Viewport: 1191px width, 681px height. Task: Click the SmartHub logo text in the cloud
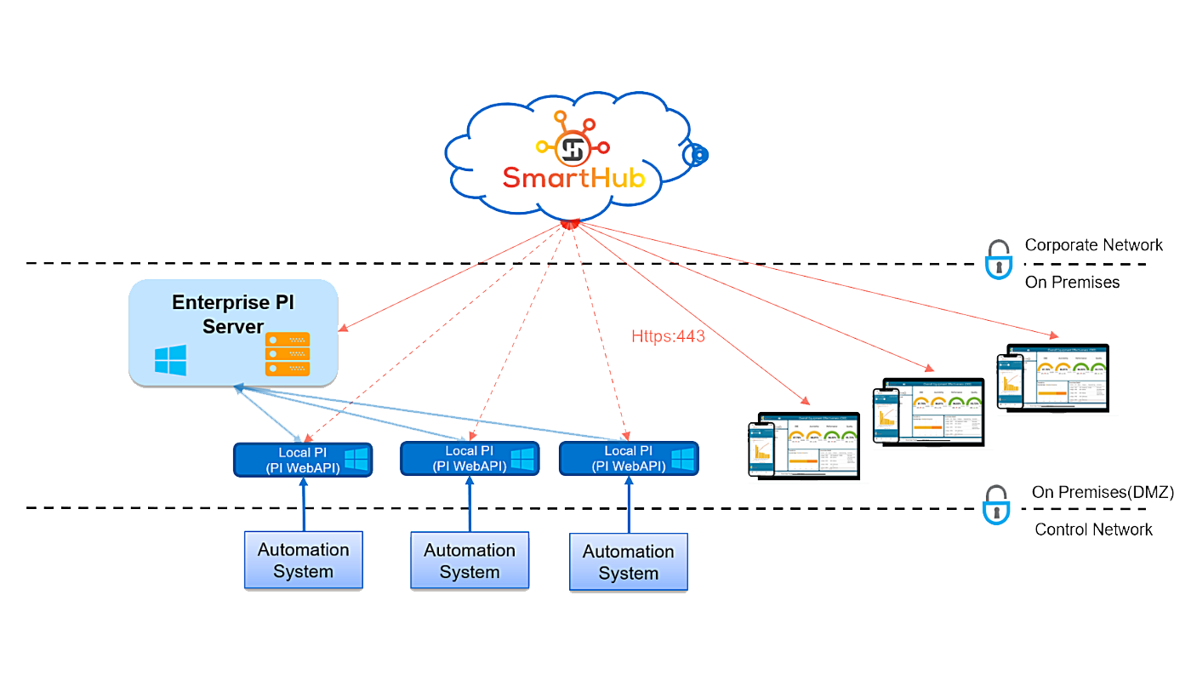coord(573,177)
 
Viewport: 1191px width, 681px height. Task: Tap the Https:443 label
coord(668,336)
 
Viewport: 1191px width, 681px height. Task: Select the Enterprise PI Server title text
coord(233,314)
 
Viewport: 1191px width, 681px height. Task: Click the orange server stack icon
coord(288,354)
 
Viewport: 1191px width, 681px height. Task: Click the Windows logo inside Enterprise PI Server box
coord(170,360)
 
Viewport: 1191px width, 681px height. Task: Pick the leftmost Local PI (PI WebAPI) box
coord(303,460)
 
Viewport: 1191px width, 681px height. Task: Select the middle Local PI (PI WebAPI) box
coord(470,459)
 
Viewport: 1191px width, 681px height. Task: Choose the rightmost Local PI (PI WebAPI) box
coord(628,459)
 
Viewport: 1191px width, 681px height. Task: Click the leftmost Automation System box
coord(304,560)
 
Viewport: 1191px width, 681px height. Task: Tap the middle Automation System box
coord(470,561)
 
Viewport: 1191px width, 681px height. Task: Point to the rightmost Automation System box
coord(628,563)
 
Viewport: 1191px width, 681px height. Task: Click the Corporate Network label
coord(1093,245)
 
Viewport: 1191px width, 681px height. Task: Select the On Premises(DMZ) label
coord(1103,492)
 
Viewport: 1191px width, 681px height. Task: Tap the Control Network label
coord(1093,529)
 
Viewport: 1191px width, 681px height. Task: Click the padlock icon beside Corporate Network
coord(998,260)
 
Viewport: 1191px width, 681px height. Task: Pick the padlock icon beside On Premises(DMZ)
coord(995,506)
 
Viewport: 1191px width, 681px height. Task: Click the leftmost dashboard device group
coord(804,447)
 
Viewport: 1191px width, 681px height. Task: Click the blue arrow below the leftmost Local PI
coord(304,504)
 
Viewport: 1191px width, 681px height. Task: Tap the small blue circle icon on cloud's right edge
coord(697,155)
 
